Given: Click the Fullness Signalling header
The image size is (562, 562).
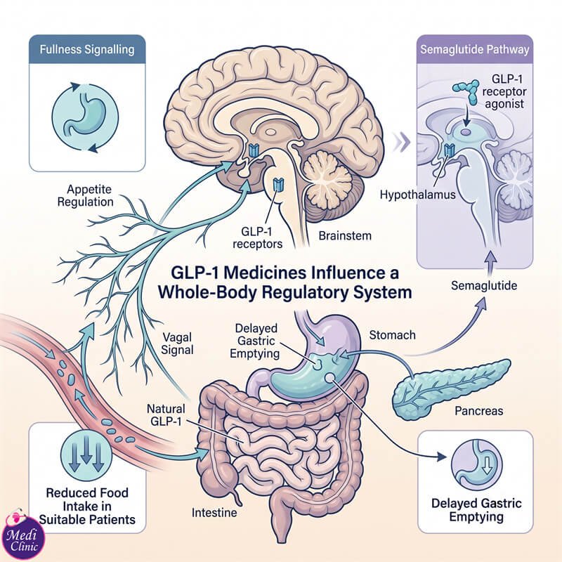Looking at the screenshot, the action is [x=87, y=49].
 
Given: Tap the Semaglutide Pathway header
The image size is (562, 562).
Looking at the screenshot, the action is [x=475, y=49].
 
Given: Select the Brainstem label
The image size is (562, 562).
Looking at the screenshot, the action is [x=345, y=236].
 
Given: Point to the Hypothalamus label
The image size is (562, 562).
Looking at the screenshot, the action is [x=417, y=195].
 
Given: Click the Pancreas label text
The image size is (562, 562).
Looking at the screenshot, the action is [x=479, y=411].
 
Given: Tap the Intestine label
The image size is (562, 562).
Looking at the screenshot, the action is [x=214, y=513].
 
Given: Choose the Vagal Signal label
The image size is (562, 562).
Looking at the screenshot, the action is [x=177, y=344].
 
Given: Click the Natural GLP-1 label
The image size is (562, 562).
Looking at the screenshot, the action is [x=166, y=414].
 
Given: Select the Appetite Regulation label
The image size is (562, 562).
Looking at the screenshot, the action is [x=85, y=195].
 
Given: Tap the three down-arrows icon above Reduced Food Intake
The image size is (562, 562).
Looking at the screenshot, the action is [x=86, y=455].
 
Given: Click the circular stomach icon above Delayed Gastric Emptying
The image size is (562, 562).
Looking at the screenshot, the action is [x=476, y=466].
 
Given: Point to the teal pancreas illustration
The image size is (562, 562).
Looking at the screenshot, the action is [x=451, y=389].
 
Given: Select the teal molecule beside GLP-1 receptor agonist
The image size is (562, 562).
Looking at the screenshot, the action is [x=466, y=91].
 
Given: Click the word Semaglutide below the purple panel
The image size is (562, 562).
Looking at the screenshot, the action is [x=484, y=286].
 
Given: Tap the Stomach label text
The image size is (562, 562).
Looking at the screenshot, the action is [x=392, y=335].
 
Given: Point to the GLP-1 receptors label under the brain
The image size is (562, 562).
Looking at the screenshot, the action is [x=257, y=237].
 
